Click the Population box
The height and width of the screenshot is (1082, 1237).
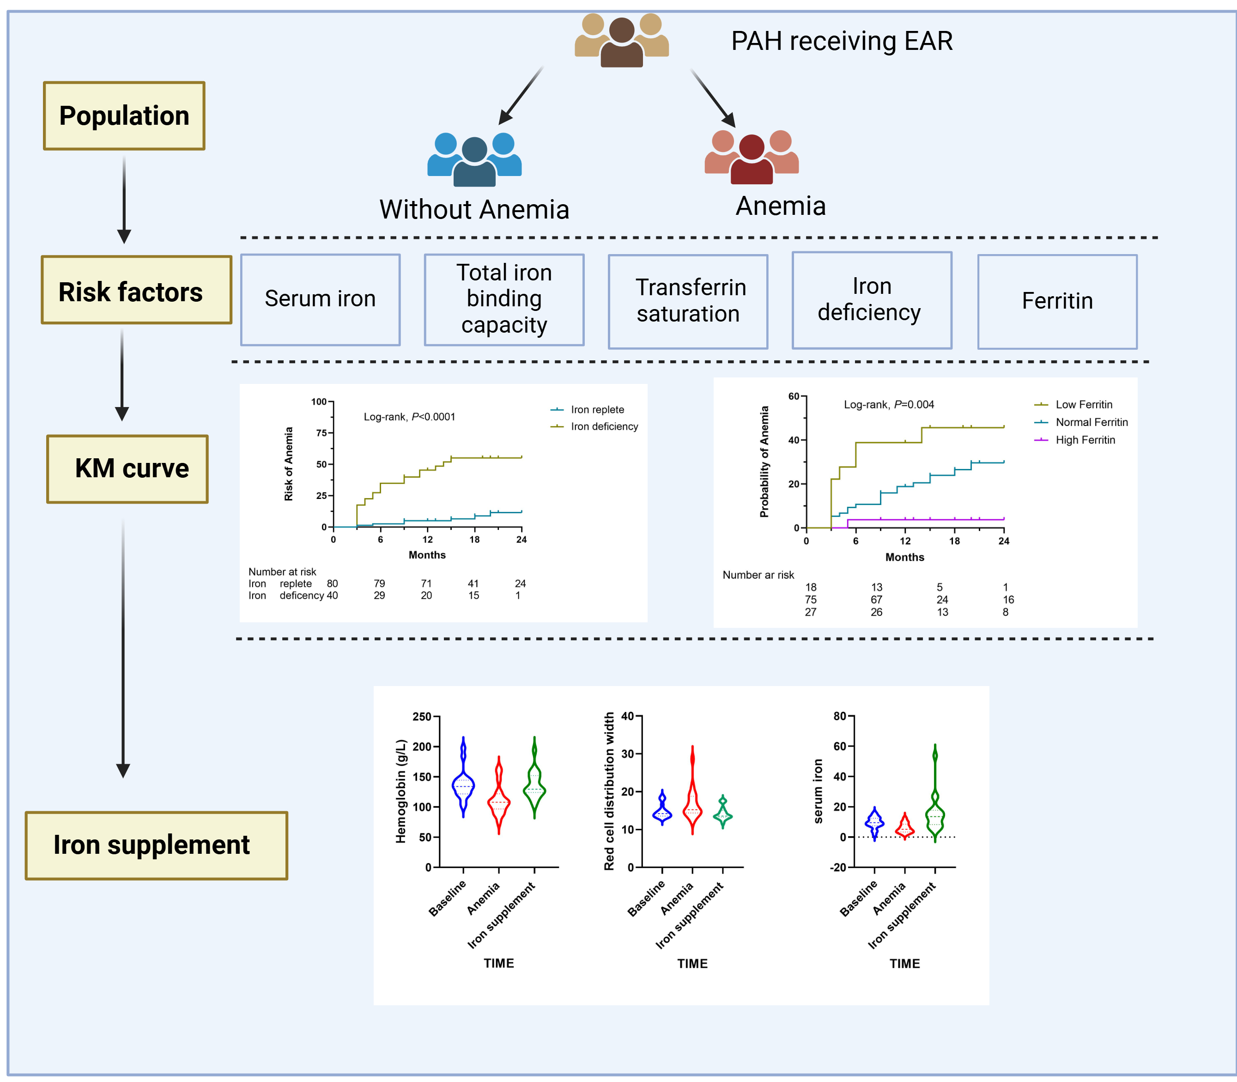124,116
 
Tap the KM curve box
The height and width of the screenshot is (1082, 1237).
127,468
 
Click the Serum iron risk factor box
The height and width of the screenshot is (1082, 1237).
320,299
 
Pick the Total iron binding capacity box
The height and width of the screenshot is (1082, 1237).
504,299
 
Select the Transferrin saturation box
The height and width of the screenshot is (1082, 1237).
688,301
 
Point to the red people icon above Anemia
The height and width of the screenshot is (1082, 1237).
751,157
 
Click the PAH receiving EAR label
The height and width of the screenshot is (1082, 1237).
841,41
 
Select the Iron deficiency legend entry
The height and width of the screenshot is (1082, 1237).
604,426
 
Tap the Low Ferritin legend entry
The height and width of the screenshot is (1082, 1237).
1083,405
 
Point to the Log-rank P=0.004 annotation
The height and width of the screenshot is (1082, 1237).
888,405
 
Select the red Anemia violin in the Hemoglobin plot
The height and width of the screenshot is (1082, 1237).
499,797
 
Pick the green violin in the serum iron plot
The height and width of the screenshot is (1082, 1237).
934,797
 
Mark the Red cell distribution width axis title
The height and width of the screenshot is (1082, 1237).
609,791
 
